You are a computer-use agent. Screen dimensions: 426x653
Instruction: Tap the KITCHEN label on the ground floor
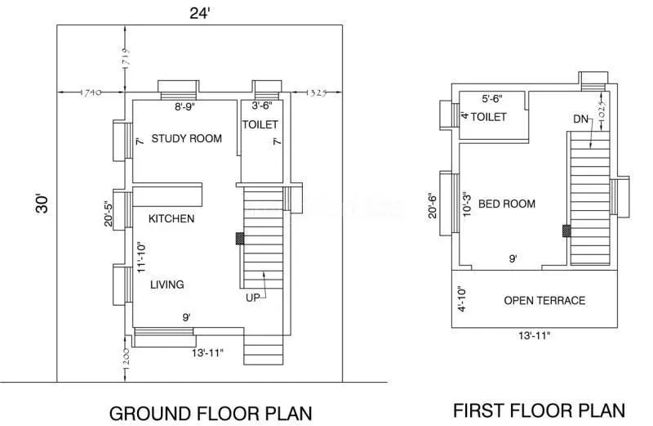pos(171,218)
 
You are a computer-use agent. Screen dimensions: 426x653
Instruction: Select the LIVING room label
pos(167,285)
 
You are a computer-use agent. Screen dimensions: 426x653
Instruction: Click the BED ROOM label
pos(507,204)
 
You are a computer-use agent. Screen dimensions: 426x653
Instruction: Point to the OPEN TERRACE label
pos(544,300)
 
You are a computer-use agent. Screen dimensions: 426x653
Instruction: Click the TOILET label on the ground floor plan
pos(260,124)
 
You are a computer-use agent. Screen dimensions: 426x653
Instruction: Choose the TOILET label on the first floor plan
pos(489,117)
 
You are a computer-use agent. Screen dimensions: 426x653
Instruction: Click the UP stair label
pos(254,298)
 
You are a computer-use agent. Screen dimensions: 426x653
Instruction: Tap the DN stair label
pos(580,119)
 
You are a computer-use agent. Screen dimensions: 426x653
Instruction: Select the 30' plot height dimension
pos(43,203)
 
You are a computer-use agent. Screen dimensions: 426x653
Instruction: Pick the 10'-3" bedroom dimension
pos(466,204)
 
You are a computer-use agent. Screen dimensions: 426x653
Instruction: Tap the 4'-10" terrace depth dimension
pos(462,299)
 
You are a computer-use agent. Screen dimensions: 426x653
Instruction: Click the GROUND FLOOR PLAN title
pos(211,412)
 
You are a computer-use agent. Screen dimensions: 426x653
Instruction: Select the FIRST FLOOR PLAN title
pos(540,410)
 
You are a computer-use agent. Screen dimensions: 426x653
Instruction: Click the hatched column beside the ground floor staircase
pos(240,238)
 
